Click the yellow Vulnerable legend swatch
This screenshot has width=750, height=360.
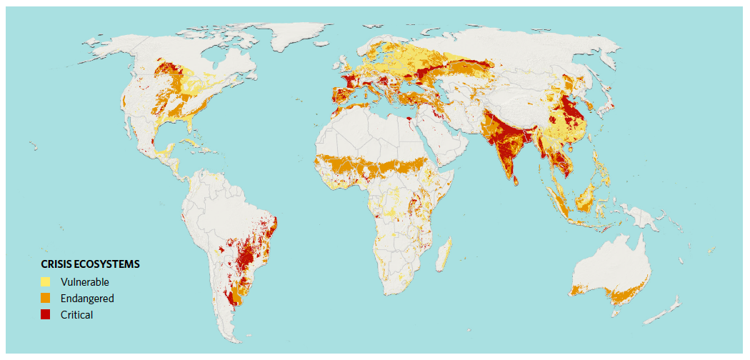coord(46,281)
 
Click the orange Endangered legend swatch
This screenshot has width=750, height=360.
coord(46,298)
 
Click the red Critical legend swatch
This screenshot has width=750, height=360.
coord(46,314)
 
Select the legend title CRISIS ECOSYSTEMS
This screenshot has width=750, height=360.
coord(90,264)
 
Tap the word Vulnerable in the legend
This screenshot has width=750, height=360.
coord(85,281)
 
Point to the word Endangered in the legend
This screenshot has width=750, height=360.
coord(87,298)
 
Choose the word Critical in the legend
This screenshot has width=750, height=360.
coord(77,314)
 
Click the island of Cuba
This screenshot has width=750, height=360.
coord(185,145)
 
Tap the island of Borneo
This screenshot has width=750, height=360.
coord(586,196)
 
